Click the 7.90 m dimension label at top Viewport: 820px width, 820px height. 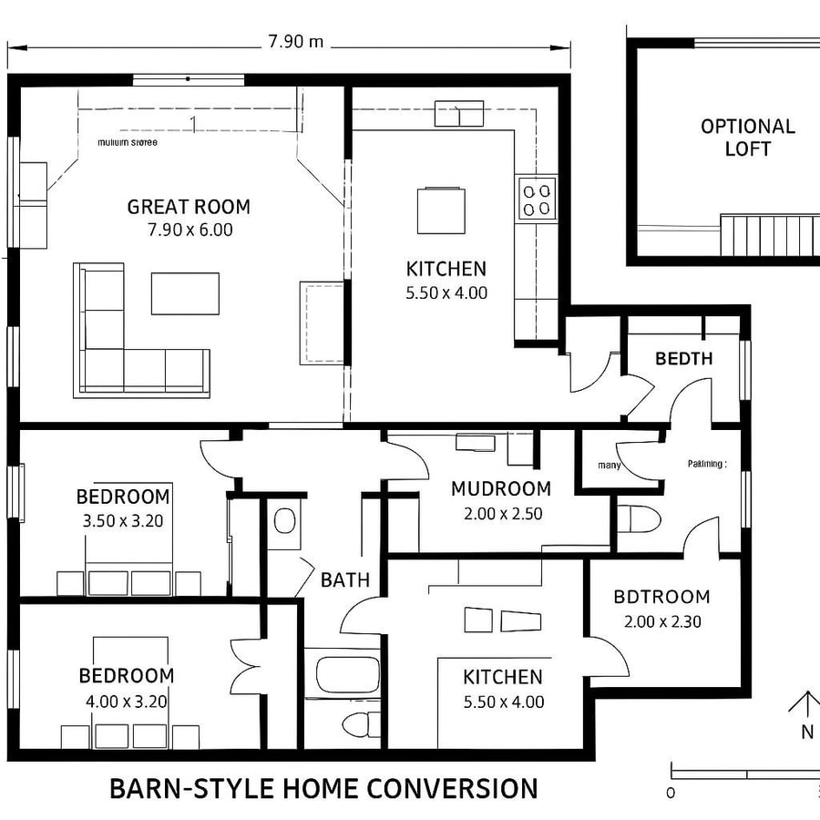coord(295,43)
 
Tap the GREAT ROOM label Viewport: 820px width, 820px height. coord(189,207)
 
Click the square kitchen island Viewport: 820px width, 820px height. coord(442,210)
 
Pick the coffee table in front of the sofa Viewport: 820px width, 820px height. coord(185,293)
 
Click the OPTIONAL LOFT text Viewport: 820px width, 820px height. coord(747,138)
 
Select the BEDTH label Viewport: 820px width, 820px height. coord(683,358)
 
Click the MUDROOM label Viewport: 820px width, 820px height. coord(501,489)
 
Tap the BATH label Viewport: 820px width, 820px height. coord(345,579)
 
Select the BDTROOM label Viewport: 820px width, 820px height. coord(661,598)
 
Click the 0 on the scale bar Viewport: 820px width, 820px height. coord(671,792)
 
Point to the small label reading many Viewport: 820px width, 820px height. coord(610,465)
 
